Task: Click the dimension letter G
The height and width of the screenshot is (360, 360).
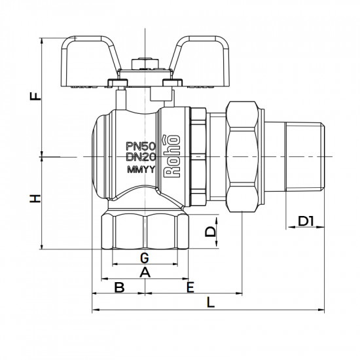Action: [x=144, y=255]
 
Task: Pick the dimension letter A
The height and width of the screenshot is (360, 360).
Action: [x=144, y=272]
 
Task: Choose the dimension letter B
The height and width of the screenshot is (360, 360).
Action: [x=119, y=287]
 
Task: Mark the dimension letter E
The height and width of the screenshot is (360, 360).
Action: [x=190, y=287]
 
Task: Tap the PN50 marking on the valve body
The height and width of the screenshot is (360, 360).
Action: [x=140, y=146]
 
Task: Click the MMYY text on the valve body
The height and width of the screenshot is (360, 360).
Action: [x=140, y=171]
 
